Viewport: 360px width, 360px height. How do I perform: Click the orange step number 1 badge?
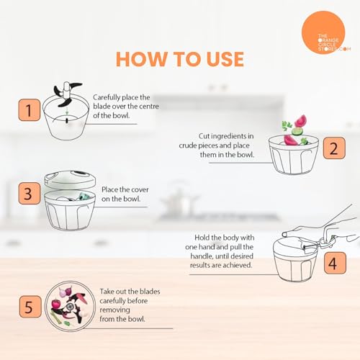[30, 110]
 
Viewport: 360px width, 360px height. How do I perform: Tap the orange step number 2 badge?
[334, 148]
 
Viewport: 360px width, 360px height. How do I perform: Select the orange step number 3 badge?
[30, 194]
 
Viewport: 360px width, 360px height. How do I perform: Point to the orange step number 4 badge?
[335, 263]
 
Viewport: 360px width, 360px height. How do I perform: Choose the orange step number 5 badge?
[30, 307]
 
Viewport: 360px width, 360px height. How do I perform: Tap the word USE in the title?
[225, 59]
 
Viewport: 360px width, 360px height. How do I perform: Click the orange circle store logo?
[323, 32]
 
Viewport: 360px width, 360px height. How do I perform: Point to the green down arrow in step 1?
[67, 111]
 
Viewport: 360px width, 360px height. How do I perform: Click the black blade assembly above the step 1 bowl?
[68, 94]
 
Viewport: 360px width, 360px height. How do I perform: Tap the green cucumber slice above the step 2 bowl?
[297, 131]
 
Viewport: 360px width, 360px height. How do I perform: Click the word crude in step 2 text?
[189, 145]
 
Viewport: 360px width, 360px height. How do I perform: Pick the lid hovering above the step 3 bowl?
[70, 180]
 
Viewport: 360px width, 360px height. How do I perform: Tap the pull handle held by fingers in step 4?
[326, 243]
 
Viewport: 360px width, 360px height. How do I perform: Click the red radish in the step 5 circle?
[56, 305]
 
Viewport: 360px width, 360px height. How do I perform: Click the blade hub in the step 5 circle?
[70, 307]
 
